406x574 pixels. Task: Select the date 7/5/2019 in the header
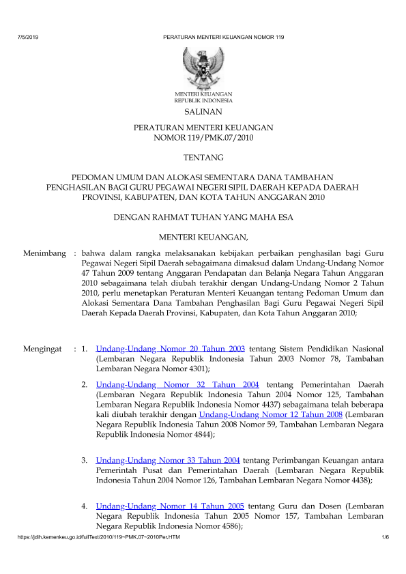(26, 35)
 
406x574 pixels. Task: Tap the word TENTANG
(203, 158)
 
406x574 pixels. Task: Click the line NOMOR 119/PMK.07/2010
(203, 138)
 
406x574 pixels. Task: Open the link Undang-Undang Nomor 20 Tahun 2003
(171, 349)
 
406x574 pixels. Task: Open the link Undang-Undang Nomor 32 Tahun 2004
(177, 385)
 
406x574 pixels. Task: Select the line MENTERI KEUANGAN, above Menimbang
(203, 238)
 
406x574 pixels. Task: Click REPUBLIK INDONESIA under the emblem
(203, 100)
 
